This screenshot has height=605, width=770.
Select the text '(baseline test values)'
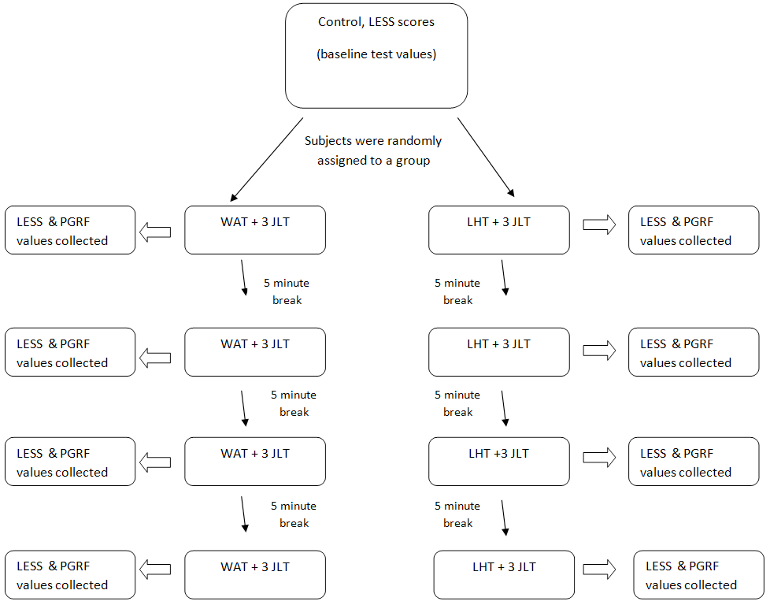coord(376,55)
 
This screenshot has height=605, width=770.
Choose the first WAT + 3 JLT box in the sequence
coord(255,230)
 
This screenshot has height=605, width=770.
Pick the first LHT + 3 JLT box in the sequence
coord(498,230)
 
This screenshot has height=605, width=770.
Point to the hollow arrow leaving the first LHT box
coord(599,225)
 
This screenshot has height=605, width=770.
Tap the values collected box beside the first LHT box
coord(694,230)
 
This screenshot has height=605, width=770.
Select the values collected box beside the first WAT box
coord(70,230)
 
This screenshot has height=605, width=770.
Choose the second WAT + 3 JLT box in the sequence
coord(255,352)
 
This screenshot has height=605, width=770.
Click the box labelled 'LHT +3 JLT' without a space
coord(498,462)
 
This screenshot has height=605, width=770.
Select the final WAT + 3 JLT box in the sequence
coord(255,574)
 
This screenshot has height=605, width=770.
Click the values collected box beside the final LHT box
coord(698,574)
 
